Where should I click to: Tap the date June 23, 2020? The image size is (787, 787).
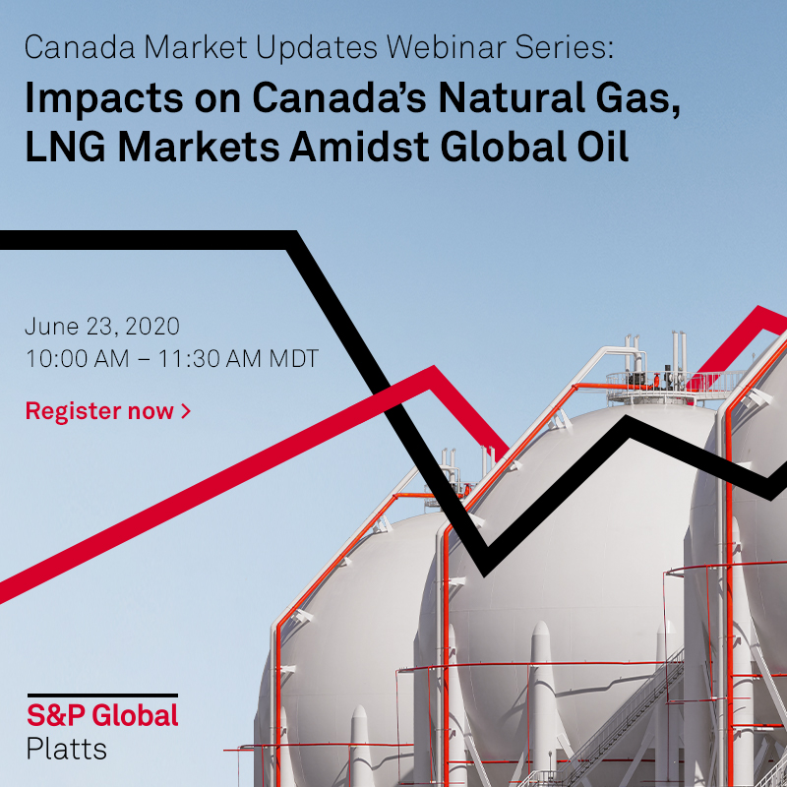[102, 327]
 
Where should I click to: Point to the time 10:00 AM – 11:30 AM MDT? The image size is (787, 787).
[172, 359]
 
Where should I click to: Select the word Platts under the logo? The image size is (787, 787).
[66, 748]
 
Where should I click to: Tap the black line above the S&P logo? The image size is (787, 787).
[102, 696]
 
